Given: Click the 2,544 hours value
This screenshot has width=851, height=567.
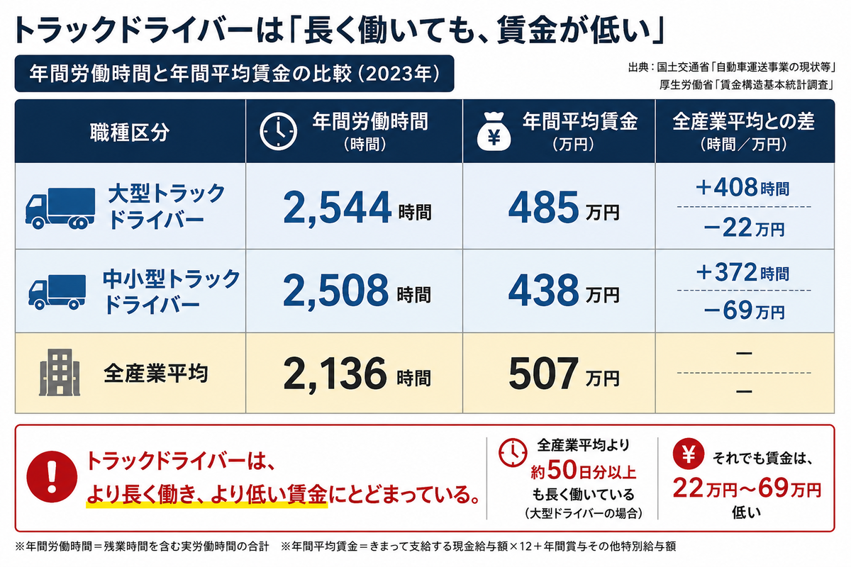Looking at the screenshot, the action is pyautogui.click(x=357, y=208).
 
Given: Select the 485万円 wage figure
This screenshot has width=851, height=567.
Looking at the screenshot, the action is pyautogui.click(x=564, y=208).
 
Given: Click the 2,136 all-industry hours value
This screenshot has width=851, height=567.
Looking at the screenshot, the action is pyautogui.click(x=357, y=374).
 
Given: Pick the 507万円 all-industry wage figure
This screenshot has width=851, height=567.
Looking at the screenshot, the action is pyautogui.click(x=564, y=374).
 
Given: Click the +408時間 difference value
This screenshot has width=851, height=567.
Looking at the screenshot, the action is pyautogui.click(x=743, y=188).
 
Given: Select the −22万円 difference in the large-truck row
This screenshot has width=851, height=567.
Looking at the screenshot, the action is pyautogui.click(x=744, y=228).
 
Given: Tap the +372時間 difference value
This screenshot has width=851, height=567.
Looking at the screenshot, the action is pyautogui.click(x=743, y=272).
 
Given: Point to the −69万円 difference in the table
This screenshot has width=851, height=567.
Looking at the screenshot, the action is pyautogui.click(x=744, y=310).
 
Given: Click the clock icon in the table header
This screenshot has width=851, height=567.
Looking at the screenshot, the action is pyautogui.click(x=279, y=131).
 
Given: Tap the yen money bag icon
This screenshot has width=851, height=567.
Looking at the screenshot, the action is pyautogui.click(x=494, y=131).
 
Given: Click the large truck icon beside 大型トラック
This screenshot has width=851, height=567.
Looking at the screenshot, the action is pyautogui.click(x=60, y=208).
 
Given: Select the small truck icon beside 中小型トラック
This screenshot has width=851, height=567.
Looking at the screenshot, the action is pyautogui.click(x=57, y=291).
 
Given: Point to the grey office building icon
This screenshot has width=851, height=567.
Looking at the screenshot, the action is pyautogui.click(x=60, y=373).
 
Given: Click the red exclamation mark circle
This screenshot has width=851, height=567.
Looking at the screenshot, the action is pyautogui.click(x=52, y=477).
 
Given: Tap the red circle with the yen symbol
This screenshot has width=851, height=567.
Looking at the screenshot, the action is pyautogui.click(x=689, y=454).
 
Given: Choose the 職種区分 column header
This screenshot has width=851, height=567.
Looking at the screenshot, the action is pyautogui.click(x=130, y=132).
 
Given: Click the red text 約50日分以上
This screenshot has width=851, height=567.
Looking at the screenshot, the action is pyautogui.click(x=583, y=471).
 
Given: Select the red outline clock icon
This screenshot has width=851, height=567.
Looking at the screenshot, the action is pyautogui.click(x=513, y=453).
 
